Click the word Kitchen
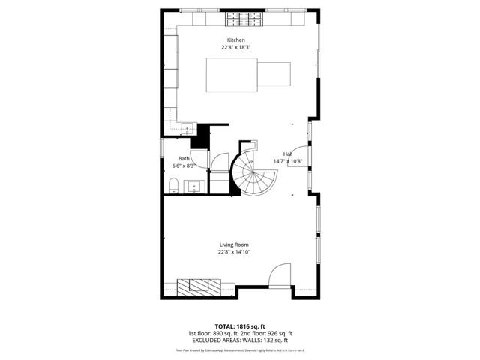pos(236,40)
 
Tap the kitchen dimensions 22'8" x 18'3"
pos(236,47)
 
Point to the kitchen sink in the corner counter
pos(187,130)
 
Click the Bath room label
pos(184,158)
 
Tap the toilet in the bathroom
pos(173,184)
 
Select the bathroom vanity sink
pos(195,186)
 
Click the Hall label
pos(288,154)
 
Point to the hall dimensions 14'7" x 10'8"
pos(288,161)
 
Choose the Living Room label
pos(234,244)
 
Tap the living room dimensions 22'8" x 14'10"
pos(234,252)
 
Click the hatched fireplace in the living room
pos(199,285)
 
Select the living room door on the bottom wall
pos(279,276)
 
